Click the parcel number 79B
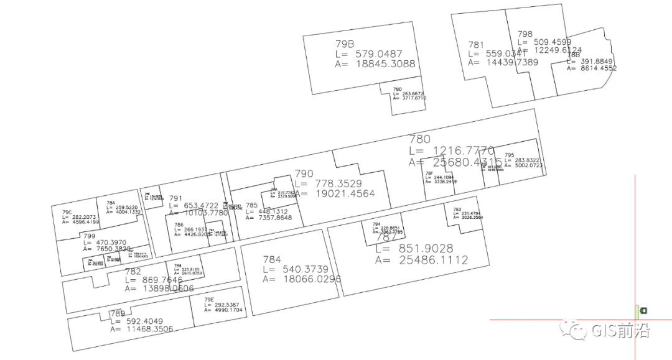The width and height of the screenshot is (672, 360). point(344,44)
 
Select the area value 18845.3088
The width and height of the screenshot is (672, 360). point(385,63)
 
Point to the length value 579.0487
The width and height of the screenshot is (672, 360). point(379,54)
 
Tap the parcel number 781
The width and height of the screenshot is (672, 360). point(476,45)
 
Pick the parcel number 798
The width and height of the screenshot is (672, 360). point(525,34)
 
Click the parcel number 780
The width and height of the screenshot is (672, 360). point(419,139)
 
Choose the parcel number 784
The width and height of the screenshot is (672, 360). point(271,260)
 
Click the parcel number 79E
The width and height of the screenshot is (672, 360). point(210,300)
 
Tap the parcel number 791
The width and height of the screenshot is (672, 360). point(175,198)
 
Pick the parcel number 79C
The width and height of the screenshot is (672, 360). point(67,212)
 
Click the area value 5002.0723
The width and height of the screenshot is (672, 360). point(524,165)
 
